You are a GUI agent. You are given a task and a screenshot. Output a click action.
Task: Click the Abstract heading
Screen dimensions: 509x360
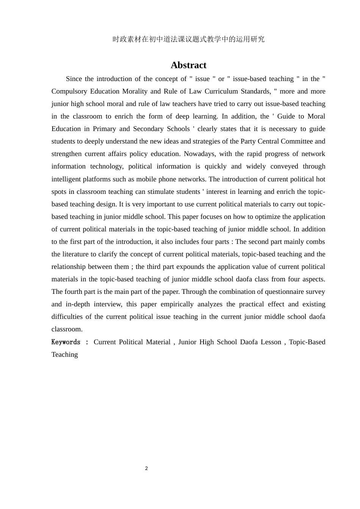point(188,65)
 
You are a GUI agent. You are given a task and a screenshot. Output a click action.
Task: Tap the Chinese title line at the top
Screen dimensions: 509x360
point(188,39)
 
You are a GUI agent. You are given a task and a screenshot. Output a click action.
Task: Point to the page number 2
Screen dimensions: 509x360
point(146,468)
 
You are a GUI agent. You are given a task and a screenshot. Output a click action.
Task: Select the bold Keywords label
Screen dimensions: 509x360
point(66,342)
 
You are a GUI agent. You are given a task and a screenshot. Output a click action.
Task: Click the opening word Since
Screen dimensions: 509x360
point(74,79)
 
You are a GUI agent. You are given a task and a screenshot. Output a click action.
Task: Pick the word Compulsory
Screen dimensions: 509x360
point(69,91)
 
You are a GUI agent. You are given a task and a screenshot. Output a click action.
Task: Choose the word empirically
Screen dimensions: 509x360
point(177,304)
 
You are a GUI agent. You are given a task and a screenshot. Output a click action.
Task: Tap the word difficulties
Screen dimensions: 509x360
point(67,317)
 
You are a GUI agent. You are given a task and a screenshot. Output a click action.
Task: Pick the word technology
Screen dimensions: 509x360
point(107,166)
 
